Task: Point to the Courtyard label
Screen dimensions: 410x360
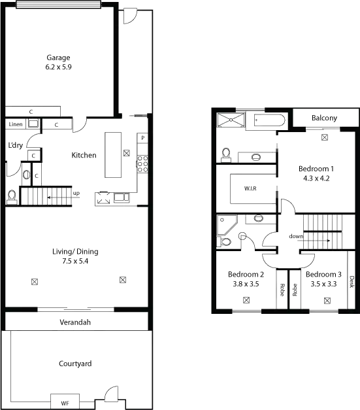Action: (x=75, y=363)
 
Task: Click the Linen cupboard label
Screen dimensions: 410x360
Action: (x=14, y=123)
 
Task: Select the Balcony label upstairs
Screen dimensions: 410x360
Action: (x=325, y=119)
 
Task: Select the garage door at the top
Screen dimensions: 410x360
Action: (x=57, y=5)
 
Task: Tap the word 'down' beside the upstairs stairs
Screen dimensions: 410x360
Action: (x=295, y=236)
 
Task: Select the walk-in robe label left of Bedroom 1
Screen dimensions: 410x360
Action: (x=248, y=188)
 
